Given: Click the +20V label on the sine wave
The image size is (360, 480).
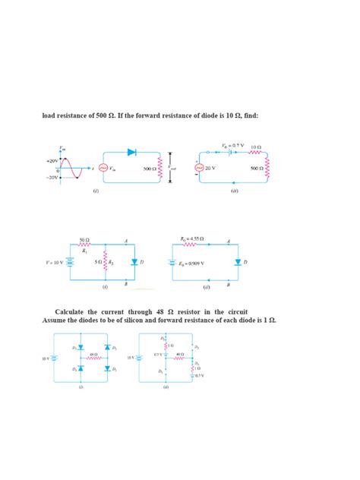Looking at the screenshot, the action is pyautogui.click(x=52, y=161).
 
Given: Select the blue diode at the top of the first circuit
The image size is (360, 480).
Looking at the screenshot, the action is pyautogui.click(x=132, y=152).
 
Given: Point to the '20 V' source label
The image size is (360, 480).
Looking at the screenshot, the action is pyautogui.click(x=210, y=169).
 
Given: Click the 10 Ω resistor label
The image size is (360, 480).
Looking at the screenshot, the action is pyautogui.click(x=254, y=146).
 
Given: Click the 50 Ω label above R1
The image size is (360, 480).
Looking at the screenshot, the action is pyautogui.click(x=84, y=239).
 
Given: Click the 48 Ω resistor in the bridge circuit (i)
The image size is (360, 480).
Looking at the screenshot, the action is pyautogui.click(x=92, y=357).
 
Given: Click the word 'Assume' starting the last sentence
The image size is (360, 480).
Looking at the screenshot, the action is pyautogui.click(x=54, y=320).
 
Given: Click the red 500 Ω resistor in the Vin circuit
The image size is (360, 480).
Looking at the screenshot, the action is pyautogui.click(x=160, y=169).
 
